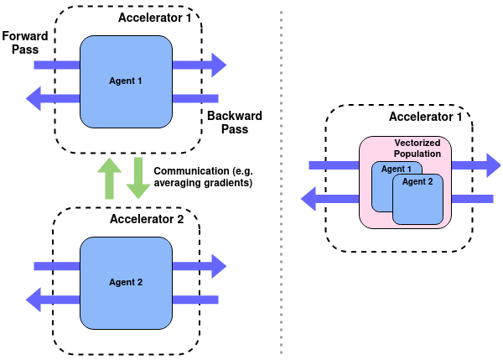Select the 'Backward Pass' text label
[234, 122]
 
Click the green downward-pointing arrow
[137, 179]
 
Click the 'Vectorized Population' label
[417, 148]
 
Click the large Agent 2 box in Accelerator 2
[127, 283]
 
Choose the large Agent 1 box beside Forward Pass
[127, 81]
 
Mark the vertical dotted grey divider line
[280, 180]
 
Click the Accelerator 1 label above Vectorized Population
[425, 117]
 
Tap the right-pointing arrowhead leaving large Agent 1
[218, 64]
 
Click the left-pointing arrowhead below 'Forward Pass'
[35, 98]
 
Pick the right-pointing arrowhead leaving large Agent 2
[218, 266]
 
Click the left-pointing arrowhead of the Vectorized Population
[310, 199]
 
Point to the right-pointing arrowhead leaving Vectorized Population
[491, 165]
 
